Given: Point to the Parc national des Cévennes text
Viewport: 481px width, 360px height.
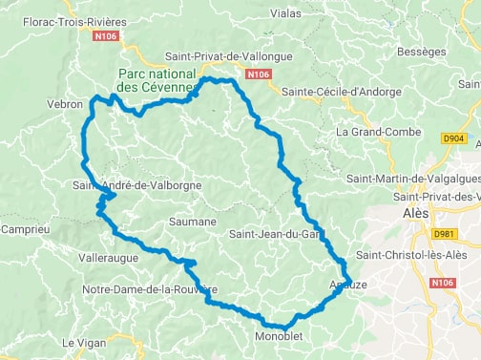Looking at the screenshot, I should (157, 81).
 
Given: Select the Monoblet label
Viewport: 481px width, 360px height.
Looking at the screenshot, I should (278, 336).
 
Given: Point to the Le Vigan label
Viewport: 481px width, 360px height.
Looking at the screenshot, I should (80, 341).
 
